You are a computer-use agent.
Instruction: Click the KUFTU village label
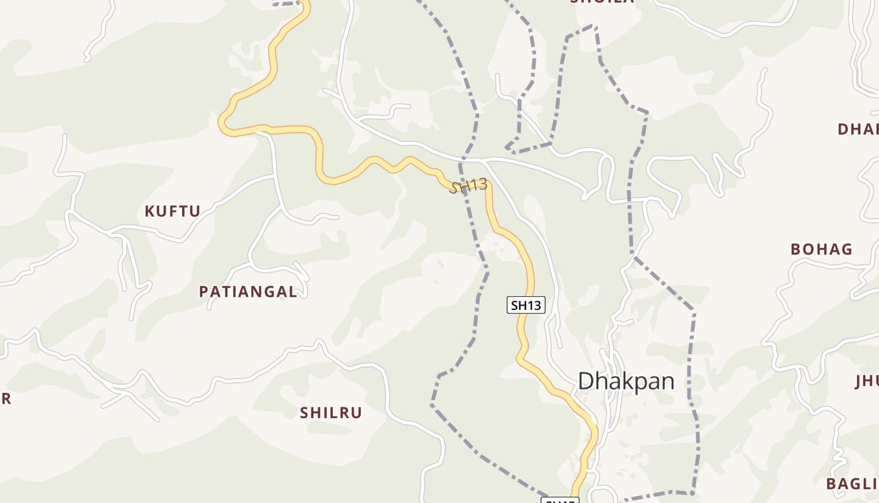tap(173, 211)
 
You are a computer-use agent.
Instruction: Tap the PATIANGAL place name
tap(248, 292)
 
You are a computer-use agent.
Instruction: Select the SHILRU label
tap(331, 413)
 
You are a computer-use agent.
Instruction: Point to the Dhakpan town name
tap(626, 382)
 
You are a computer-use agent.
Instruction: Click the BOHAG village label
tap(821, 250)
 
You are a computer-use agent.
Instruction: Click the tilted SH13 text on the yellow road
tap(468, 185)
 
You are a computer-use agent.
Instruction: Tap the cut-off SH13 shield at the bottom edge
tap(559, 500)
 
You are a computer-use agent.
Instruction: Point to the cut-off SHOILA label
tap(601, 2)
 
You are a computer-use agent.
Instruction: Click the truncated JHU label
tap(866, 382)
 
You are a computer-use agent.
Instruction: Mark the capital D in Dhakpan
tap(585, 382)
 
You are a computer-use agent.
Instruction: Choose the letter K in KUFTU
tap(149, 211)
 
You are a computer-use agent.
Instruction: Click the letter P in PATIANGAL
tap(203, 292)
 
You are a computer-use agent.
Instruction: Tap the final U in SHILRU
tap(357, 413)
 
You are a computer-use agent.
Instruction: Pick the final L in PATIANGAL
tap(293, 292)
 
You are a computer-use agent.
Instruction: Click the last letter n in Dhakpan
tap(668, 383)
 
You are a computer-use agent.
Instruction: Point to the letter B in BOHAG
tap(795, 250)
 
